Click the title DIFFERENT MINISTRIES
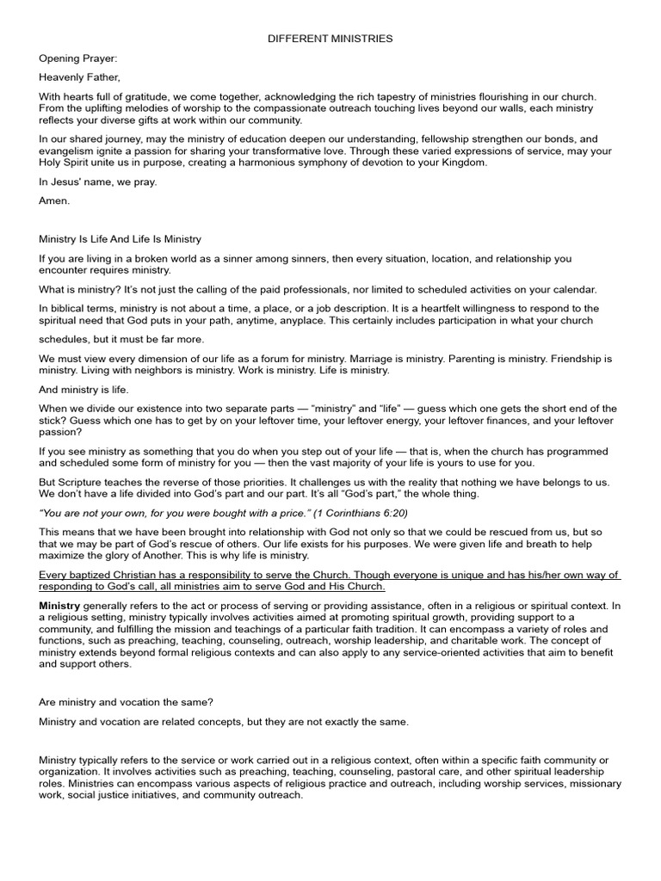tap(330, 39)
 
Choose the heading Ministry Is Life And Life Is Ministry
tap(120, 238)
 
